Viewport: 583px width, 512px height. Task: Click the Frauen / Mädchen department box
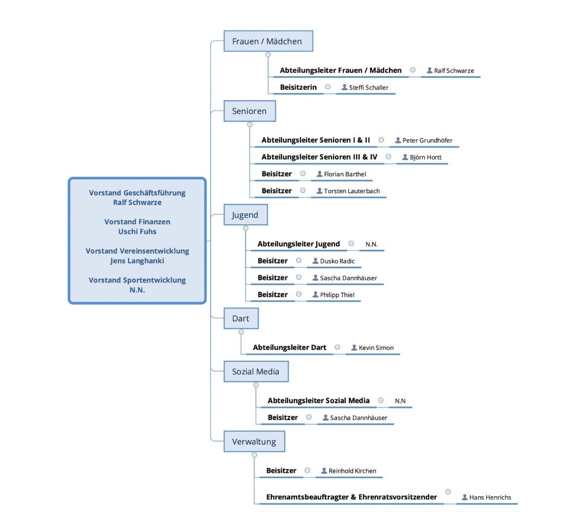[268, 41]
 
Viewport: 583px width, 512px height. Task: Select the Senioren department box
[249, 111]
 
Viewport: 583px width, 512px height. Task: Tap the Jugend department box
[246, 215]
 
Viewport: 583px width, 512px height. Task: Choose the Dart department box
[241, 318]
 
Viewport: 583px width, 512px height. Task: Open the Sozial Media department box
[256, 371]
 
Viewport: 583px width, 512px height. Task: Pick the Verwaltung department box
[254, 442]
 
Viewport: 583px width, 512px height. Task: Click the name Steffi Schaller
[368, 88]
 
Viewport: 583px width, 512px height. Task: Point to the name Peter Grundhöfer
[427, 140]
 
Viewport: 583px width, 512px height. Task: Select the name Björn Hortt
[425, 157]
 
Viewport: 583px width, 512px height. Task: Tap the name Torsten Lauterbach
[352, 191]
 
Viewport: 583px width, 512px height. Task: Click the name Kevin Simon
[376, 348]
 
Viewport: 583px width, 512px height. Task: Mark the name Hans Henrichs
[490, 497]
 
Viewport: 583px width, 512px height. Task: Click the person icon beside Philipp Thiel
[315, 294]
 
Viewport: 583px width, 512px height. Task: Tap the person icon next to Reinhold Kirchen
[324, 471]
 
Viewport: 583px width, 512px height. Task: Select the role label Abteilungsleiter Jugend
[299, 244]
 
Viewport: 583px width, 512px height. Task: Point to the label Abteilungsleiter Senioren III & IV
[319, 157]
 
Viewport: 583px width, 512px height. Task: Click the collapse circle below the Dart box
[241, 332]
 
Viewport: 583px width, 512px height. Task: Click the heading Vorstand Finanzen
[137, 221]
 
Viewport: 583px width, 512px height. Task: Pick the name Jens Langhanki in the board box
[137, 261]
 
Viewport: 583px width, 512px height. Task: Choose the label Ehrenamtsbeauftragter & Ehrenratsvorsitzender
[352, 497]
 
